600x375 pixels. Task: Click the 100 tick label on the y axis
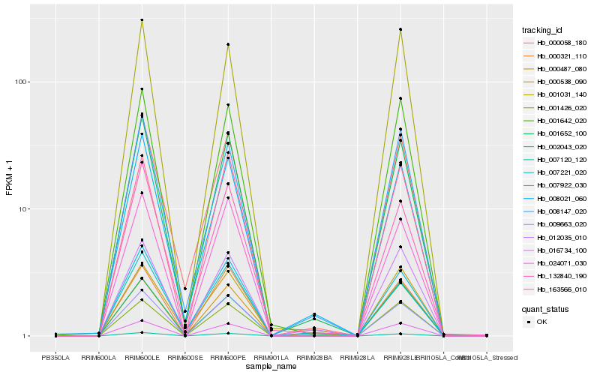[x=22, y=82]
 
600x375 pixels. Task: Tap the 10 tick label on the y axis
[x=25, y=208]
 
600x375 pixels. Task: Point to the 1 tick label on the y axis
[x=27, y=336]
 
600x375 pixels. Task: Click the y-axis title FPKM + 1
[x=10, y=177]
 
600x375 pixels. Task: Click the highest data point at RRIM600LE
[x=142, y=20]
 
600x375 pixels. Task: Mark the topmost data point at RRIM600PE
[x=228, y=44]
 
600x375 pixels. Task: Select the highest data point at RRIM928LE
[x=400, y=29]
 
